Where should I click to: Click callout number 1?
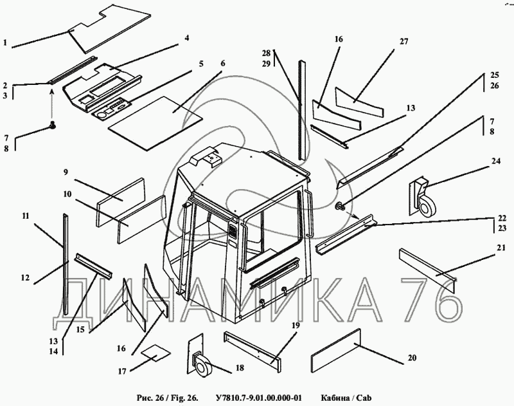(5, 42)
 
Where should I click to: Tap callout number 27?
(404, 41)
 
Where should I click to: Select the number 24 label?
(496, 161)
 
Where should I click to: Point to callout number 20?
(412, 358)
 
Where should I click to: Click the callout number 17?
(122, 371)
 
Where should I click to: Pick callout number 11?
(26, 216)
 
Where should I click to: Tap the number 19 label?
(296, 326)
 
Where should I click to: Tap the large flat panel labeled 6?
(155, 124)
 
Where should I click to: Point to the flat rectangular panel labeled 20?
(335, 351)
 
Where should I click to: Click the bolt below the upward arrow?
(52, 125)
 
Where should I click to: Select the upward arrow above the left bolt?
(52, 104)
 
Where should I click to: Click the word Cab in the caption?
(364, 398)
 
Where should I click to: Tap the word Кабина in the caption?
(335, 398)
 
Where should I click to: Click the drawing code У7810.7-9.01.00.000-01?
(259, 398)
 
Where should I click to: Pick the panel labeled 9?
(121, 202)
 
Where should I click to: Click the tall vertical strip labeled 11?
(66, 264)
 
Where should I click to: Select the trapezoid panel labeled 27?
(360, 102)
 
